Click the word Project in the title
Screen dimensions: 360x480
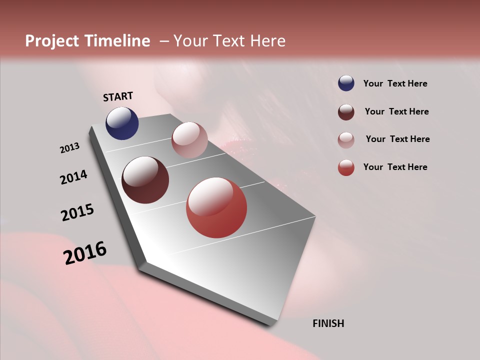52,41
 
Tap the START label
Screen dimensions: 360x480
118,96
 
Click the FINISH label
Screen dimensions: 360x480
328,323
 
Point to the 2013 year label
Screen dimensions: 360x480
70,148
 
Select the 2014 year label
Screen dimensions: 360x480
74,177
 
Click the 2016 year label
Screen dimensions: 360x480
85,252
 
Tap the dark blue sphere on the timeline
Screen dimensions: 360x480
122,123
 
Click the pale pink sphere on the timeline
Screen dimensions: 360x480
189,140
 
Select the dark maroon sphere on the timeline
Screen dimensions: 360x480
145,180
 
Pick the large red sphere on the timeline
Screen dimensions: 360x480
216,207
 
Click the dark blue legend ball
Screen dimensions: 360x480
346,83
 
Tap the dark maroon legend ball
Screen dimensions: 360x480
346,112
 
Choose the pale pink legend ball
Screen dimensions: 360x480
346,140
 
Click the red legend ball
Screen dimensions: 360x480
346,167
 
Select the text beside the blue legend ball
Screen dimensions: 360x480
395,83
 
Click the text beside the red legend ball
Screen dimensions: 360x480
395,167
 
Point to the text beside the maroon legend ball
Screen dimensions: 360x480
396,111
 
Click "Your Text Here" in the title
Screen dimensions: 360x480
229,41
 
